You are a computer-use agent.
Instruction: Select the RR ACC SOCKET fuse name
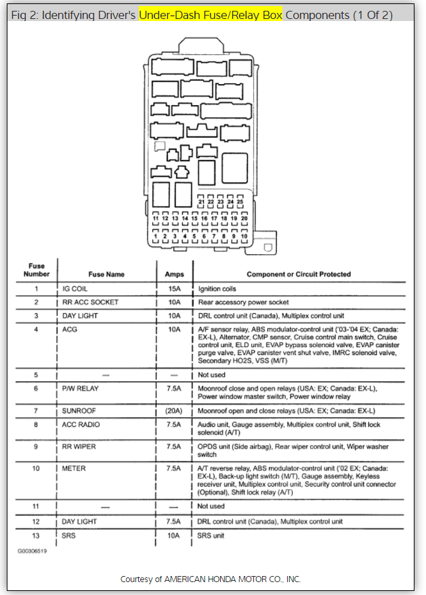coord(90,302)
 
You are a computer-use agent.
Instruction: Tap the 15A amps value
coord(174,289)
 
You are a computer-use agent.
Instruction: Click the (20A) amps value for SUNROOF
coord(174,411)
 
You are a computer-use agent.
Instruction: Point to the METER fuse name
coord(74,468)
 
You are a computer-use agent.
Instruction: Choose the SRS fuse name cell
coord(70,535)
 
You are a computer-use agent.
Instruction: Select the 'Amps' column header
coord(174,274)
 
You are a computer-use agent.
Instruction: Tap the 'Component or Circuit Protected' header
coord(299,274)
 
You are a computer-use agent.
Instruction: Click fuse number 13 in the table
coord(36,535)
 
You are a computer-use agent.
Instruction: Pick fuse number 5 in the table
coord(36,374)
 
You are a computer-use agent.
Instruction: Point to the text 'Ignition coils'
coord(217,289)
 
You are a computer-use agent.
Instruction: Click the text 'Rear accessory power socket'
coord(243,302)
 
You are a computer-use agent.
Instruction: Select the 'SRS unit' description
coord(213,535)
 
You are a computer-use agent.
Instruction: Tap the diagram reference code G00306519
coord(33,551)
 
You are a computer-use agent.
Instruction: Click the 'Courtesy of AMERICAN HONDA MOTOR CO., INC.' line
coord(211,579)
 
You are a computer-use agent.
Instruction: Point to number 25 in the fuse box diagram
coord(240,202)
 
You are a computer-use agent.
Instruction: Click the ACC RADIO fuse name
coord(81,425)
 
